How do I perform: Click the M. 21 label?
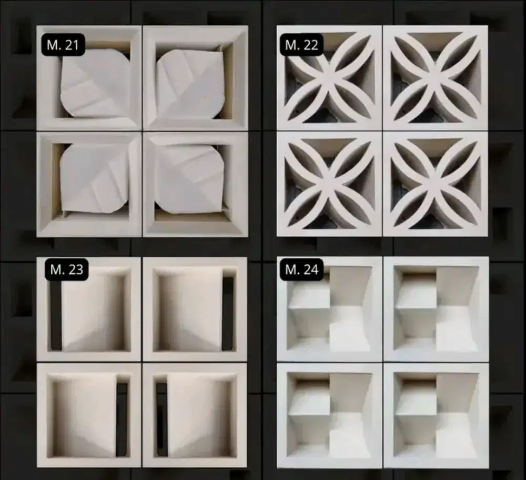[63, 45]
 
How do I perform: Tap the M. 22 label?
[301, 45]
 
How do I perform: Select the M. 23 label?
[66, 269]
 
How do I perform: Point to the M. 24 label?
[301, 269]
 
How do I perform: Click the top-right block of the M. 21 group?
[196, 78]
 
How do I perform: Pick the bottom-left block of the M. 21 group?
[89, 184]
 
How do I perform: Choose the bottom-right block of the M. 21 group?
[196, 184]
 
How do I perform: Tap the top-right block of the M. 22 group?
[436, 78]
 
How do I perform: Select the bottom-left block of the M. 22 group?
[329, 184]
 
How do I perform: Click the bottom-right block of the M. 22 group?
[436, 184]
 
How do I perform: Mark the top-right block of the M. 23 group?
[195, 309]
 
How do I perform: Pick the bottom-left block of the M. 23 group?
[89, 415]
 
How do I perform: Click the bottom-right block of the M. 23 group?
[195, 415]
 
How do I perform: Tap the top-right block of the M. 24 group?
[436, 309]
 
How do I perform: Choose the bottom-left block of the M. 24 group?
[329, 416]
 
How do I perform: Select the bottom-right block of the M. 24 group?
[436, 416]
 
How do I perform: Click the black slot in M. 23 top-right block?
[228, 314]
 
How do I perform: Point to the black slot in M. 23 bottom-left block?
[122, 419]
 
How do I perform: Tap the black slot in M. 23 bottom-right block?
[161, 419]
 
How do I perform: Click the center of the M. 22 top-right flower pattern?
[436, 78]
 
